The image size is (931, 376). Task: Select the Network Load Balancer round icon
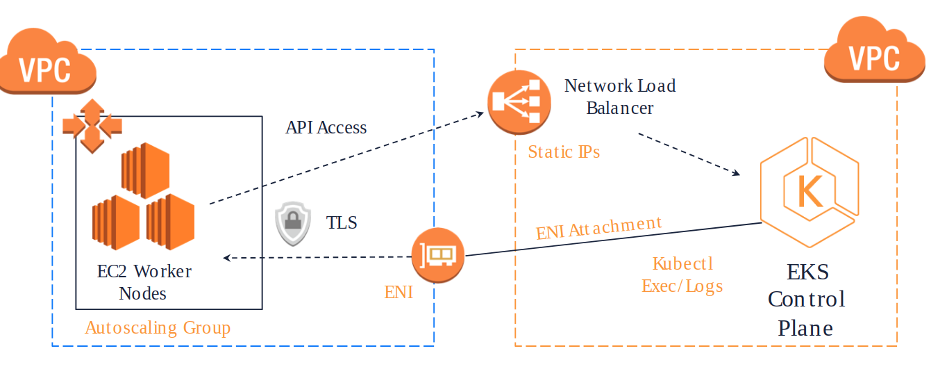[x=519, y=103]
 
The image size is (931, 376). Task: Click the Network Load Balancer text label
[x=619, y=97]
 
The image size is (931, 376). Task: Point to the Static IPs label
[x=564, y=152]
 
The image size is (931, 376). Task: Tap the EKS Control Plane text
[x=806, y=300]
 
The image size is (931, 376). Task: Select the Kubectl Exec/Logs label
[x=682, y=275]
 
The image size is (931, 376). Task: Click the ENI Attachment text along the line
[x=598, y=227]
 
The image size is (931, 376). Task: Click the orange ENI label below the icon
[x=399, y=293]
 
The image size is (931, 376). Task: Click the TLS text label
[x=342, y=223]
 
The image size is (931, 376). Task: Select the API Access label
[x=326, y=127]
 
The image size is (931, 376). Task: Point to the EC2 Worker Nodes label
[x=144, y=281]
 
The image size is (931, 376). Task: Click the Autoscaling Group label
[x=158, y=327]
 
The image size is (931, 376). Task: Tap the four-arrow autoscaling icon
[x=92, y=126]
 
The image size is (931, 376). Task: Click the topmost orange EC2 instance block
[x=145, y=167]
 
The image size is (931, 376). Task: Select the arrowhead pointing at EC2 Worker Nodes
[x=226, y=258]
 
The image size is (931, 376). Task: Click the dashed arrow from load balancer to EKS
[x=687, y=154]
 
